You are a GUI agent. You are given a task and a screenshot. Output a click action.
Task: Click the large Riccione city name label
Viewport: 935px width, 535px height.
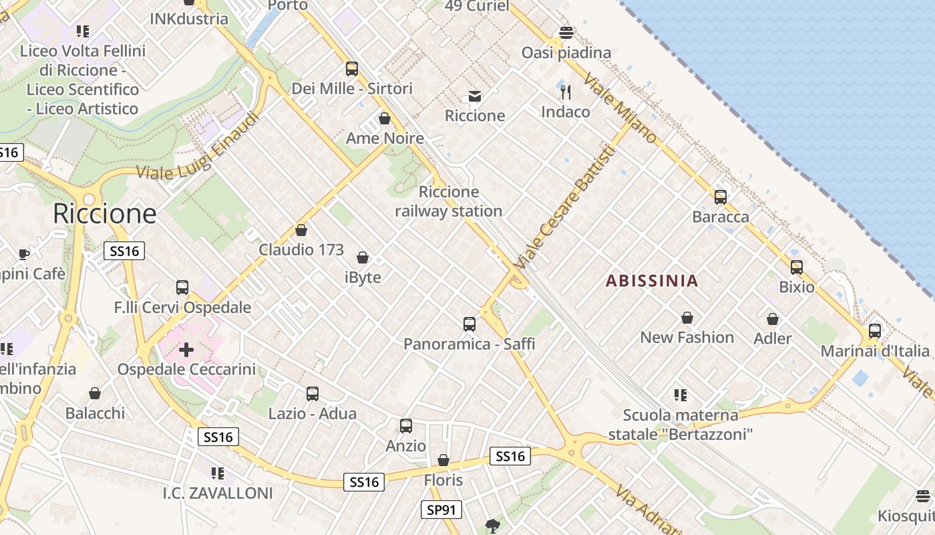coord(104,214)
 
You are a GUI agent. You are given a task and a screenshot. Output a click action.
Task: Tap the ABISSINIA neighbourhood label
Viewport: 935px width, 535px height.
coord(652,281)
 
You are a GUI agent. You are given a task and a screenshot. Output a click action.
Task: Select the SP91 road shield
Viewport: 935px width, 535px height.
coord(441,510)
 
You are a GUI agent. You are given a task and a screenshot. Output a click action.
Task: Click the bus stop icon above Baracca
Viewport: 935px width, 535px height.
coord(720,197)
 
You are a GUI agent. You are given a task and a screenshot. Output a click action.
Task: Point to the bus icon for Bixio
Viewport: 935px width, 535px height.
coord(796,267)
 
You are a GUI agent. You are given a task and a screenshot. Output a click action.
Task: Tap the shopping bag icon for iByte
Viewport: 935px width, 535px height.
coord(363,257)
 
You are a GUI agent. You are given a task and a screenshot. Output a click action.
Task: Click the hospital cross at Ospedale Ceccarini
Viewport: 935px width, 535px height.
coord(186,350)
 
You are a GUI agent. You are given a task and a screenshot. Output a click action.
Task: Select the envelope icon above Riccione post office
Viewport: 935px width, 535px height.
coord(475,96)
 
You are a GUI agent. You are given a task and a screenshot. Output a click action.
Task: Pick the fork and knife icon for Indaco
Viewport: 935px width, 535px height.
coord(566,92)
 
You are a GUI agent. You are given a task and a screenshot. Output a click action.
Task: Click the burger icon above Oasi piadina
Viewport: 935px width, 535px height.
coord(566,33)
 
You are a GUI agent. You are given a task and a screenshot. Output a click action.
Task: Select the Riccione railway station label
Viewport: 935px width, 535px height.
coord(448,201)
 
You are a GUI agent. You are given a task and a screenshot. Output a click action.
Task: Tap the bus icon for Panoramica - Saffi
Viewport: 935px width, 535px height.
coord(470,324)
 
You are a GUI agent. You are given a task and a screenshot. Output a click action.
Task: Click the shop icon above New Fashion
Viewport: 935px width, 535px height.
coord(687,318)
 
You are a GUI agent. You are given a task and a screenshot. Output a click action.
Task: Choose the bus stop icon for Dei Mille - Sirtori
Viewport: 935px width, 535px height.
coord(352,69)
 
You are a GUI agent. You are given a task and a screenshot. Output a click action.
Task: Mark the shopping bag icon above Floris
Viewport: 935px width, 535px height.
coord(443,460)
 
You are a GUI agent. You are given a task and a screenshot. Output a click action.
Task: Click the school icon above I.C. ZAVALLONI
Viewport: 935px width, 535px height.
coord(217,473)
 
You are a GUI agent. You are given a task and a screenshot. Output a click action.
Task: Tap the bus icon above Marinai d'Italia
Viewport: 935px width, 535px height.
coord(874,331)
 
